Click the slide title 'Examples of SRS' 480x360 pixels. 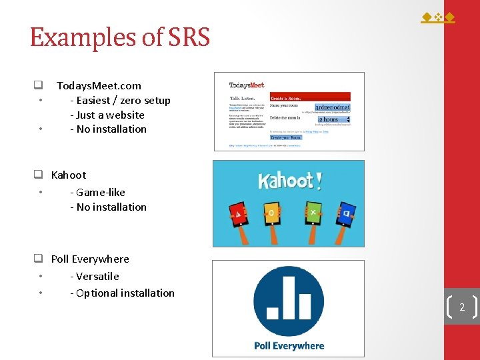[119, 37]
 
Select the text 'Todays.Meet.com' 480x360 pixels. [99, 85]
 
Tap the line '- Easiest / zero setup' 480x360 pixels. [120, 101]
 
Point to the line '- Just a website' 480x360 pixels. [107, 115]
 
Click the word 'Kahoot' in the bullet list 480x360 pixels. [69, 175]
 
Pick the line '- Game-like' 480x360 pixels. [97, 192]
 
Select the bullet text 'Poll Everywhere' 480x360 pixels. [90, 259]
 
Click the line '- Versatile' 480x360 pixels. [95, 276]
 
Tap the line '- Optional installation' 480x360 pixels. [122, 293]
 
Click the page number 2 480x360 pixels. [461, 307]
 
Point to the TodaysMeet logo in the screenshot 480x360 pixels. [247, 85]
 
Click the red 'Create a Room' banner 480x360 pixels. [309, 97]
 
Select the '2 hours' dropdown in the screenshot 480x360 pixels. [333, 119]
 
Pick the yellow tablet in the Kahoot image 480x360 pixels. [270, 213]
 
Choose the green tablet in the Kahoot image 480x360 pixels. [313, 213]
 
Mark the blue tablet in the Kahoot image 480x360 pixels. [345, 214]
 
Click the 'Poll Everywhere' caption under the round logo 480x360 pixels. [289, 345]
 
